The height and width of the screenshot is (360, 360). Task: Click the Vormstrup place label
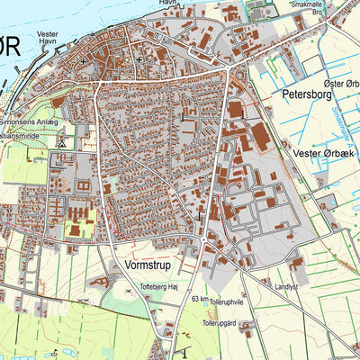[148, 266]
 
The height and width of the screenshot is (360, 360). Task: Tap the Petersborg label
[307, 92]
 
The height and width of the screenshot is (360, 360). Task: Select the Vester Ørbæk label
[325, 154]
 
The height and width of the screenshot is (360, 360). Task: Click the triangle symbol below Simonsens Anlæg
[61, 142]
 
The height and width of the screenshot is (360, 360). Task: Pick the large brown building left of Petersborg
[236, 109]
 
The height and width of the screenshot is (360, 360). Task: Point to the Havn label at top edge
[167, 4]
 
